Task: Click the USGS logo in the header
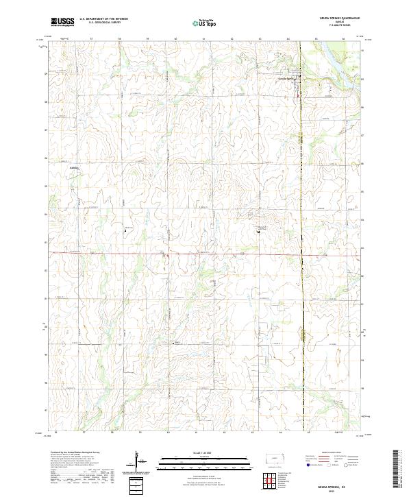(62, 22)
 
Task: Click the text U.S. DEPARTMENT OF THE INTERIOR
(103, 19)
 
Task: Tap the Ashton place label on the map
(75, 167)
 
